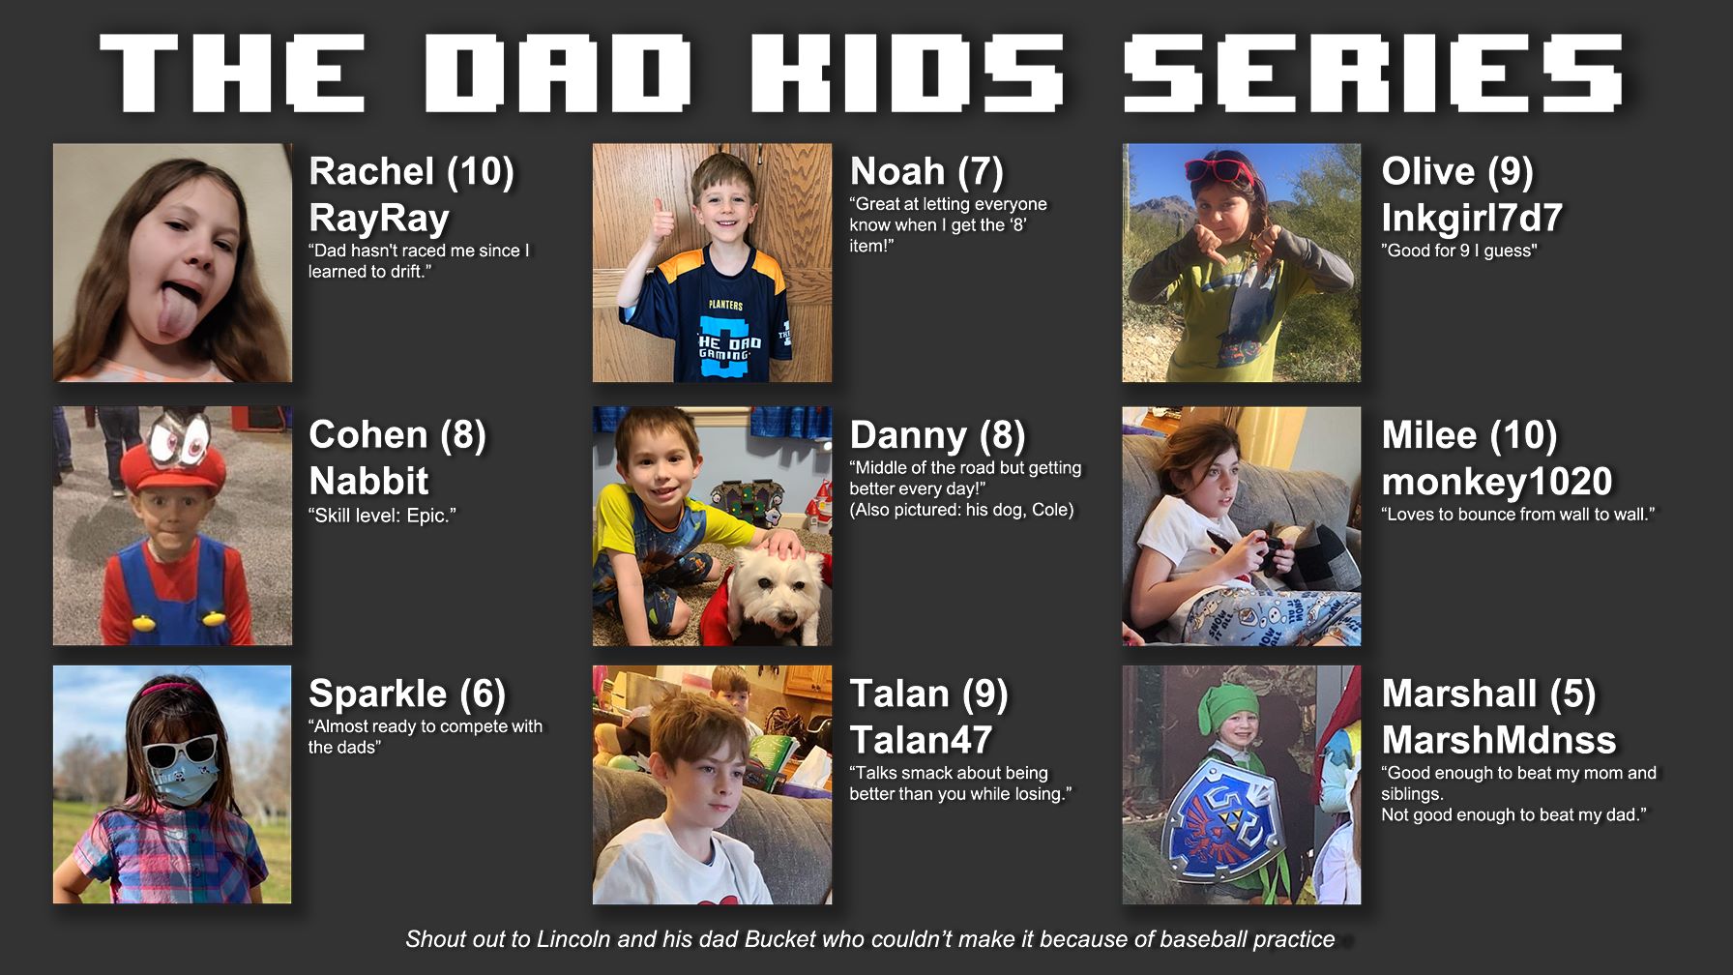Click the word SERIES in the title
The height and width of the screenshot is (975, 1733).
pos(1373,73)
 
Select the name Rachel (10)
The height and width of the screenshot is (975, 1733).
pos(411,172)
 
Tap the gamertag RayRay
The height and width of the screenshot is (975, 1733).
pos(379,220)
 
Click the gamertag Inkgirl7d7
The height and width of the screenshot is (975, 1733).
pos(1472,219)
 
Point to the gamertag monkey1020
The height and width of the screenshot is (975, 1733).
pos(1497,482)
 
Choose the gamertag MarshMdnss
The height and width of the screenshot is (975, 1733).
pos(1499,741)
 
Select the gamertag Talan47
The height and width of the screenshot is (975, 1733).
pos(921,741)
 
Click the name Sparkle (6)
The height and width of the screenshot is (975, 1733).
pos(407,694)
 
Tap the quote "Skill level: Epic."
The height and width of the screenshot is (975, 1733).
pos(382,516)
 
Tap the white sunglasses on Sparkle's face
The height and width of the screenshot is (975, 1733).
pos(181,752)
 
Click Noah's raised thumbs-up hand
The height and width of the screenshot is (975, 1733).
pos(661,222)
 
